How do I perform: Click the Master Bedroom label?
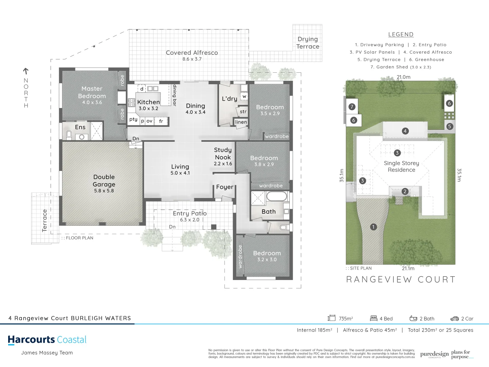click(x=92, y=92)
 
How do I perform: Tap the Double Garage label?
click(x=104, y=181)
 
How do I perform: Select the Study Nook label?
click(x=223, y=154)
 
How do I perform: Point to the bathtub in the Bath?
click(x=277, y=197)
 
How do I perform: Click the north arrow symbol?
click(x=26, y=71)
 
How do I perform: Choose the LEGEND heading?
click(x=401, y=34)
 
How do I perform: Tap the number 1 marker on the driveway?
click(x=373, y=227)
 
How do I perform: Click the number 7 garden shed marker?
click(x=352, y=107)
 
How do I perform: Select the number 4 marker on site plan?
click(x=405, y=131)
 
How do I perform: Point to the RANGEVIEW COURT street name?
click(x=401, y=280)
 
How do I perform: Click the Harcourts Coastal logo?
click(x=47, y=340)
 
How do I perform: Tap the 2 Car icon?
click(x=454, y=319)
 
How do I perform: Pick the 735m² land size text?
click(x=346, y=319)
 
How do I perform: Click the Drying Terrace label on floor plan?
click(x=308, y=43)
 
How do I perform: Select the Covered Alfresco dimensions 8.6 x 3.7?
click(x=192, y=59)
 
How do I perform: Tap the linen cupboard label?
click(x=241, y=122)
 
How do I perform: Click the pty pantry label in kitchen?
click(x=133, y=119)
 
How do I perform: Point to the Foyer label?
click(x=224, y=187)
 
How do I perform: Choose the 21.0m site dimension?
click(x=403, y=77)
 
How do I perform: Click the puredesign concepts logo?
click(x=434, y=354)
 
